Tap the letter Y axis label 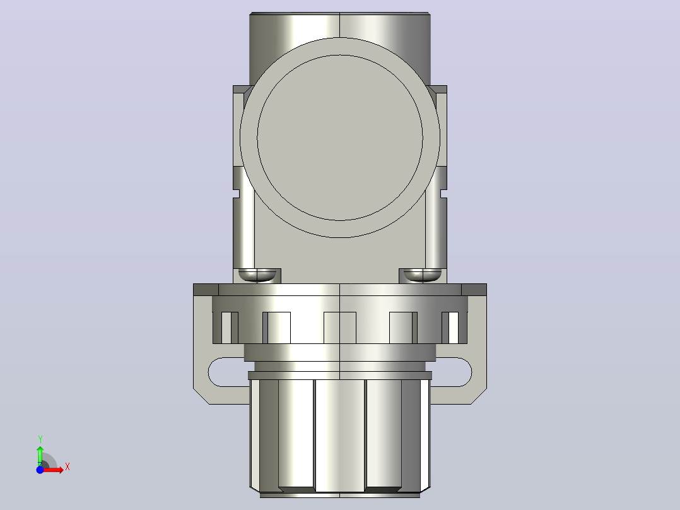point(40,439)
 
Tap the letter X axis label point(67,467)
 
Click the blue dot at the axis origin point(40,470)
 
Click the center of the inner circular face point(340,138)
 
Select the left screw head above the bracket point(257,275)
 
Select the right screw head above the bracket point(423,275)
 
